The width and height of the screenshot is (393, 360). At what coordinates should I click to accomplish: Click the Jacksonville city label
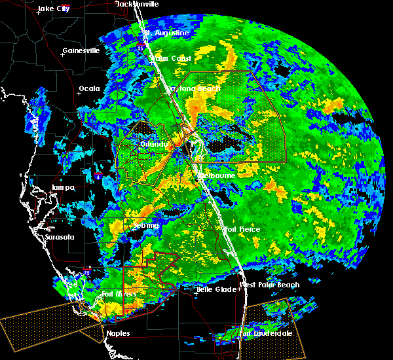click(137, 4)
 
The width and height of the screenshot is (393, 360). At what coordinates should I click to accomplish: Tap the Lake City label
click(54, 9)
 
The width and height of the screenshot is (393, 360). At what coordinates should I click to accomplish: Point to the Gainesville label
click(81, 50)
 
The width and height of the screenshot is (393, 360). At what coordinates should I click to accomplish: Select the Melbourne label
click(218, 175)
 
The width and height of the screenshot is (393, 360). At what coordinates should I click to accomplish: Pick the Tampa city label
click(62, 188)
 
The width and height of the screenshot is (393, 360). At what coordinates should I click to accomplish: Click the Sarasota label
click(60, 237)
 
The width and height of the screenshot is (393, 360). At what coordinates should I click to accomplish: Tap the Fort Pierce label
click(242, 229)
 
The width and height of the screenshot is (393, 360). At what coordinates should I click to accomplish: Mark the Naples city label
click(118, 333)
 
